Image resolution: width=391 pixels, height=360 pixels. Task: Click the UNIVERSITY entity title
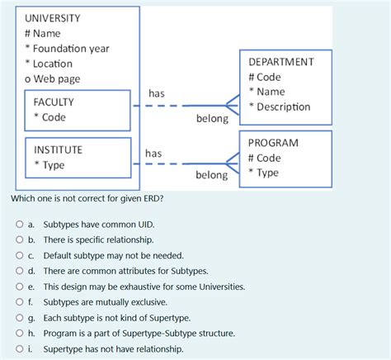53,18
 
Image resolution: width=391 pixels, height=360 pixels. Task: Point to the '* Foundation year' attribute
66,49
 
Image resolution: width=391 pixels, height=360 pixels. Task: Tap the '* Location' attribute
48,64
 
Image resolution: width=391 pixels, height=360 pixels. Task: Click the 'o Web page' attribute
52,79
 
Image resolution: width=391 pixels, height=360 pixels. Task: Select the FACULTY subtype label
54,102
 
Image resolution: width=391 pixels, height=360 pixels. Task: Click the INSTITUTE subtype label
58,150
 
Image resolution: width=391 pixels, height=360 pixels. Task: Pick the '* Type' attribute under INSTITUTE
49,165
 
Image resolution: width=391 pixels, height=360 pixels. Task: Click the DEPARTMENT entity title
280,62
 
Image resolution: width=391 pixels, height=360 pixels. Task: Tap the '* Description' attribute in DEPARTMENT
280,107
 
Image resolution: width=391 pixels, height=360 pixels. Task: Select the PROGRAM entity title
273,143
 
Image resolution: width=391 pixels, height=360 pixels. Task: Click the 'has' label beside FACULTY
156,94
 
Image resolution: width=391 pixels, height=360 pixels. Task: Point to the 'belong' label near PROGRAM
211,175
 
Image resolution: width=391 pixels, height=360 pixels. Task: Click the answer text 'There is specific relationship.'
87,239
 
